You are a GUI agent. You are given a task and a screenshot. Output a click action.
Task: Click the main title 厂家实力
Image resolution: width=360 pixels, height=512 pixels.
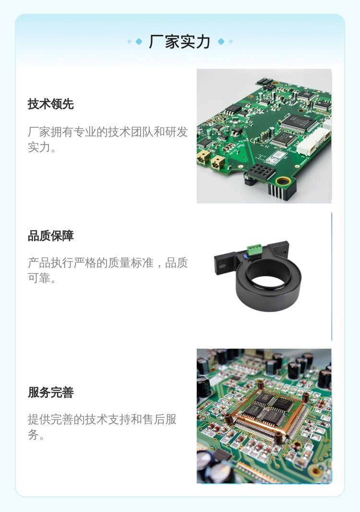(x=179, y=42)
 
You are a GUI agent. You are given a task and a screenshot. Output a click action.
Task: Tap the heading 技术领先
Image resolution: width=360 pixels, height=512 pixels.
(x=50, y=104)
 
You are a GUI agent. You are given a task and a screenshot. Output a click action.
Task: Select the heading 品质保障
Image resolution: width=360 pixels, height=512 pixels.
(x=50, y=236)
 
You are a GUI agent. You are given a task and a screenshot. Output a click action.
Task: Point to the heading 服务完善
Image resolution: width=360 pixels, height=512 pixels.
(x=50, y=392)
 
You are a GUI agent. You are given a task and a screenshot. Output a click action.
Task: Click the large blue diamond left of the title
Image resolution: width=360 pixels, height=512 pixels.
(x=139, y=41)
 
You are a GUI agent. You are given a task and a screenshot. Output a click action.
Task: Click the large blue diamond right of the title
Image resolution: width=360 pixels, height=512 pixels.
(x=221, y=41)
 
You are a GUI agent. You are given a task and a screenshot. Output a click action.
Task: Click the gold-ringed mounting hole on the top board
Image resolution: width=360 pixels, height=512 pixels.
(x=283, y=181)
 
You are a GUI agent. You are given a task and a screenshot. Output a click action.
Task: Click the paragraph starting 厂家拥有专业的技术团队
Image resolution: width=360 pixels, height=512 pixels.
(x=108, y=139)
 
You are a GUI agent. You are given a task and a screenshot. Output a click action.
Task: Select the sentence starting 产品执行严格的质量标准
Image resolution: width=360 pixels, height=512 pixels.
(x=108, y=270)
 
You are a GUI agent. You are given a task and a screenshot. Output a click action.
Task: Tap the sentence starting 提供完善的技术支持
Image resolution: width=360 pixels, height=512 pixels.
(x=102, y=427)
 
